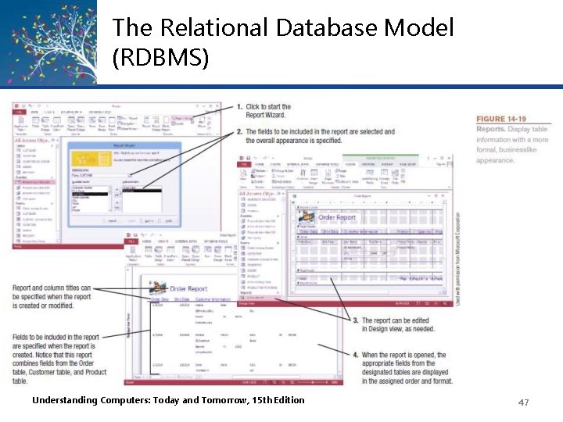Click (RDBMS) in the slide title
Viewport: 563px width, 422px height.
click(x=160, y=57)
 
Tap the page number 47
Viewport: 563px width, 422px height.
click(x=523, y=402)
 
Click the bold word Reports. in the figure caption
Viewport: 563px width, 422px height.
click(x=490, y=129)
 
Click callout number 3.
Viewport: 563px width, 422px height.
click(x=355, y=320)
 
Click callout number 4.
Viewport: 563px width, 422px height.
click(x=355, y=354)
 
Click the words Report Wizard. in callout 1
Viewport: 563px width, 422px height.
click(x=266, y=116)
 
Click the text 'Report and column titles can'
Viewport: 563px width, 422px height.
click(x=52, y=288)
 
